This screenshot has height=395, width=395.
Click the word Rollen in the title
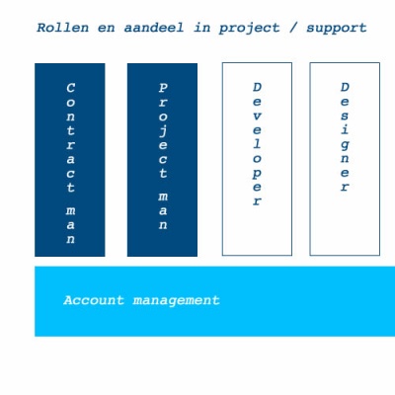click(63, 28)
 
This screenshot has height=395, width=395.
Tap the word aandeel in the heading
click(154, 28)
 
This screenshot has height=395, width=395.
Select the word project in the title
click(249, 29)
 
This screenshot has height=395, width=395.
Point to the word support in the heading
click(337, 29)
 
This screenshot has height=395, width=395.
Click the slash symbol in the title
click(293, 28)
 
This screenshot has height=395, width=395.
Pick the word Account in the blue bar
click(94, 300)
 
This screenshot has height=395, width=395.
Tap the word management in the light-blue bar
click(176, 301)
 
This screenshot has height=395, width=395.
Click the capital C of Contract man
click(71, 88)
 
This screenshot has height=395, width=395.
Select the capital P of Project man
click(163, 88)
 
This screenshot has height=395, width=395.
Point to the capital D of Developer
click(257, 87)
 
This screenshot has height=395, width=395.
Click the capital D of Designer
click(345, 87)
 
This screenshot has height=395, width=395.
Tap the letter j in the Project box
click(163, 131)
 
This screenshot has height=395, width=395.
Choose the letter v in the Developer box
click(257, 117)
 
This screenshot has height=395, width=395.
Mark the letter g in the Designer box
click(345, 145)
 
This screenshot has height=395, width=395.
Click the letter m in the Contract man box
click(71, 210)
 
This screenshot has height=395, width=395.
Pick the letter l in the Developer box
click(257, 144)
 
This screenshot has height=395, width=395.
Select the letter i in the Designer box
click(345, 129)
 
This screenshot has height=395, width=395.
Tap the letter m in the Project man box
click(163, 197)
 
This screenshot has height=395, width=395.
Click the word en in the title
click(106, 29)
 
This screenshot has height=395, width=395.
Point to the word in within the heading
click(201, 28)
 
